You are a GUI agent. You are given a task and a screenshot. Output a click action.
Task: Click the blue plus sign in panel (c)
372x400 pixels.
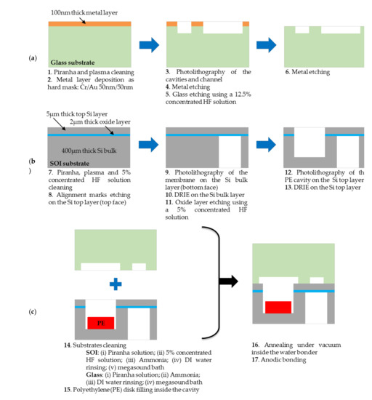(x=116, y=284)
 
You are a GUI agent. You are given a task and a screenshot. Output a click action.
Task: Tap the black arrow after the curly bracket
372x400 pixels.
(x=229, y=281)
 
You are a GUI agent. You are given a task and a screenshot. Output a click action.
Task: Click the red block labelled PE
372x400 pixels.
(x=101, y=323)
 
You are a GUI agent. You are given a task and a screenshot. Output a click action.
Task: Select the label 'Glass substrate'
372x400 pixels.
(x=73, y=63)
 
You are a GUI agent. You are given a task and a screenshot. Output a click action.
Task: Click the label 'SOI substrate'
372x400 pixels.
(x=70, y=164)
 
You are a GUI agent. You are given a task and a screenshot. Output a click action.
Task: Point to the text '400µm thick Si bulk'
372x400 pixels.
(x=89, y=151)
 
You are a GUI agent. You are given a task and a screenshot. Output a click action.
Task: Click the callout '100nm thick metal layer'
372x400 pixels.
(x=84, y=12)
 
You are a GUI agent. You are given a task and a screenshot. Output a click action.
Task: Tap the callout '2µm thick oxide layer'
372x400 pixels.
(x=100, y=122)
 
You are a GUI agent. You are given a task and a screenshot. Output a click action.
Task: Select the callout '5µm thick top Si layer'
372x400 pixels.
(x=77, y=114)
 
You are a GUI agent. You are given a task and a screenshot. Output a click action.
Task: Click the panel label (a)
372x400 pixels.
(x=33, y=58)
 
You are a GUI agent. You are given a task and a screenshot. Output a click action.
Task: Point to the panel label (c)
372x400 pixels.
(x=33, y=312)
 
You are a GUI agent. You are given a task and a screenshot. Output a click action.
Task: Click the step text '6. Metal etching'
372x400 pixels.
(x=307, y=72)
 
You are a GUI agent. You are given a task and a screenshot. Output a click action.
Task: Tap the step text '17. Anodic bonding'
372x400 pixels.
(x=279, y=360)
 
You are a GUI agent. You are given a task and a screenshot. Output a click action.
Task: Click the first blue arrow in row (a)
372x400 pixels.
(x=149, y=45)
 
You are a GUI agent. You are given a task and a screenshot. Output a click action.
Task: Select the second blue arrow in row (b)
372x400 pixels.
(x=266, y=145)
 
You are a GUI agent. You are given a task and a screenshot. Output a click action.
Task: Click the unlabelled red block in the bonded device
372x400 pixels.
(x=278, y=307)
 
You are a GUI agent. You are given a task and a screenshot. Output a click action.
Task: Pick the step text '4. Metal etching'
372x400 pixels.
(x=187, y=87)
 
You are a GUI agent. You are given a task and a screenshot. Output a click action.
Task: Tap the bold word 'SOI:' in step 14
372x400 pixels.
(x=92, y=353)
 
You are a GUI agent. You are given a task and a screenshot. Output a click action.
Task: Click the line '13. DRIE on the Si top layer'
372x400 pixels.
(x=323, y=188)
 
